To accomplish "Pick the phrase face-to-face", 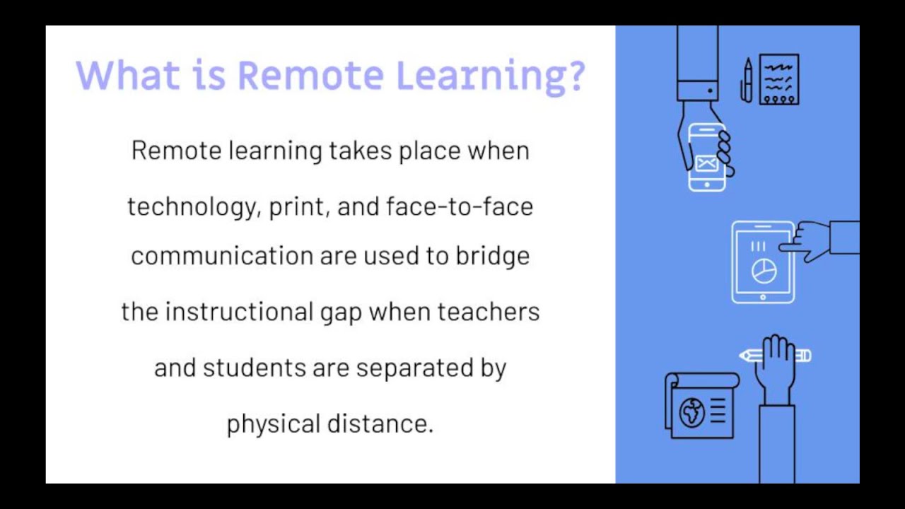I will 460,206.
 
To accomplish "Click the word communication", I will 221,255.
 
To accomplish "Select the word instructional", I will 238,312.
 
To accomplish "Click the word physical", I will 273,424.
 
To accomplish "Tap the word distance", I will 380,423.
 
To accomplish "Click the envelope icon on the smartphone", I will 706,163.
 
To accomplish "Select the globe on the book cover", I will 691,413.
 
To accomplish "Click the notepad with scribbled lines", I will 778,79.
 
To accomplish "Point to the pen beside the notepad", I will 747,80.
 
